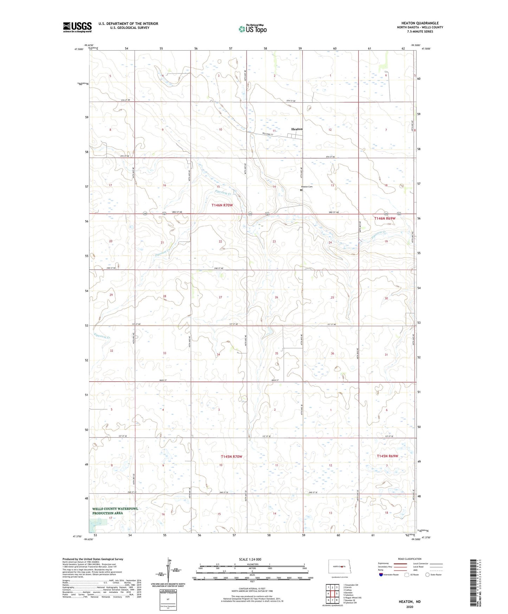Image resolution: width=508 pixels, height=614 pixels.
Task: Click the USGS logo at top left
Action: (77, 27)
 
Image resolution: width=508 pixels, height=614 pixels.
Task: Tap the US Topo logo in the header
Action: (252, 29)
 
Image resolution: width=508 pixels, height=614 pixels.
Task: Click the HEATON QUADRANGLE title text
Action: (420, 23)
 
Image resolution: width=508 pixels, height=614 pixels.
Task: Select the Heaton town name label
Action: (297, 129)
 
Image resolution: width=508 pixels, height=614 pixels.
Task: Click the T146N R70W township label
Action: (222, 205)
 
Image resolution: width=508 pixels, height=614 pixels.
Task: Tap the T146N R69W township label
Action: (385, 218)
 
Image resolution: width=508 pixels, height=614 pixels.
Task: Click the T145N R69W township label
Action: (387, 456)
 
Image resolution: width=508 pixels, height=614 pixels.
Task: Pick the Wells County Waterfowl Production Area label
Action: (115, 511)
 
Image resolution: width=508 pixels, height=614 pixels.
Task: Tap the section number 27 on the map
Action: (220, 297)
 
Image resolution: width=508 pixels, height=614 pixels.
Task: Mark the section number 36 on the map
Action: (332, 353)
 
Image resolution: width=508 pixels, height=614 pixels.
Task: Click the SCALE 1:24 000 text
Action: (250, 559)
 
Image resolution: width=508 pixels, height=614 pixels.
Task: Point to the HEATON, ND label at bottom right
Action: (410, 602)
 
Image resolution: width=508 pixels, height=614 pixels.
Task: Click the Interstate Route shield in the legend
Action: (381, 575)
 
